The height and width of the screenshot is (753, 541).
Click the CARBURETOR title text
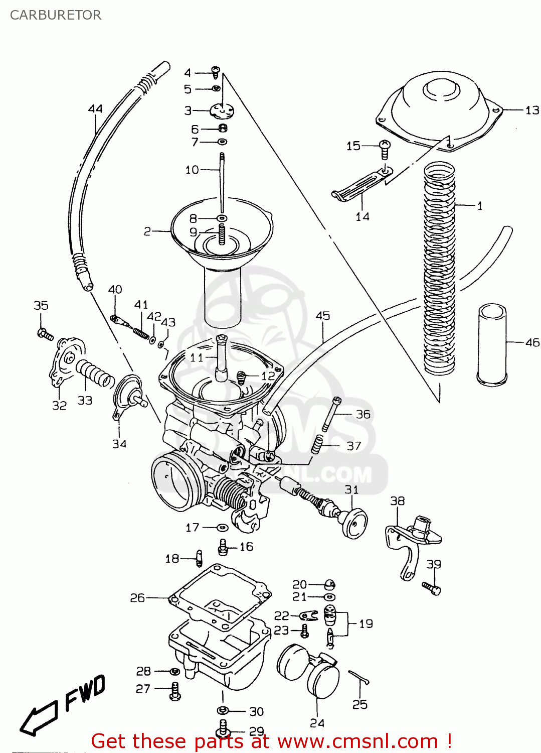56,15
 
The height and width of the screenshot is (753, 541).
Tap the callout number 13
532,110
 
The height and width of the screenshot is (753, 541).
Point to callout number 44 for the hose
95,109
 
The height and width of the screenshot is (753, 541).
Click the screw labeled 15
385,149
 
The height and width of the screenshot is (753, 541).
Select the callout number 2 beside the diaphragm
147,231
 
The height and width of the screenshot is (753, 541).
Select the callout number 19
366,623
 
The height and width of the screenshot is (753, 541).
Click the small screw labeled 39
431,587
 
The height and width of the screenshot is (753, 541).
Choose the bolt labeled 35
45,334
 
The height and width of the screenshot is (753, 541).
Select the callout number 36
363,414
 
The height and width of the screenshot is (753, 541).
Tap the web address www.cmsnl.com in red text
358,741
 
